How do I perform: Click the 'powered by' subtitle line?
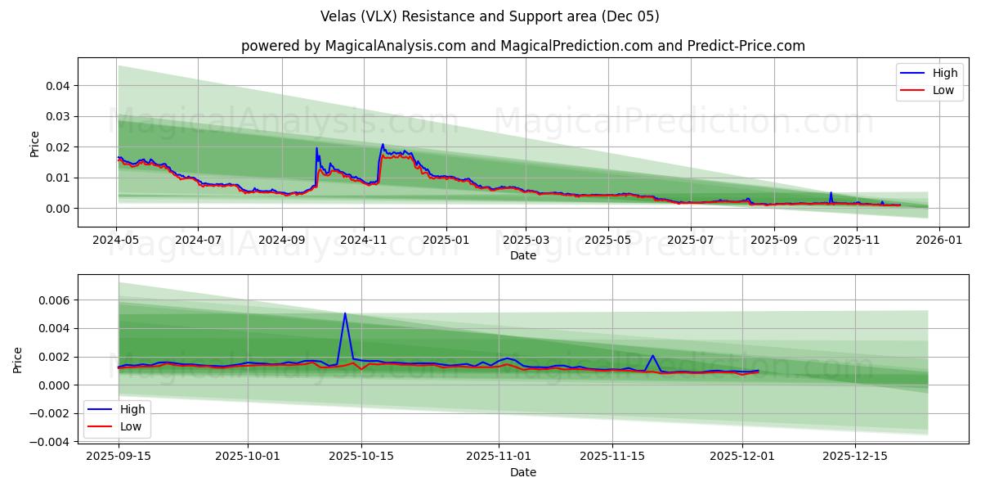pyautogui.click(x=523, y=46)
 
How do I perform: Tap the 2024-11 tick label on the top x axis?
pyautogui.click(x=364, y=241)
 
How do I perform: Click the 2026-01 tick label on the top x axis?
pyautogui.click(x=938, y=241)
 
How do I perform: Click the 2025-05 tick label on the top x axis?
pyautogui.click(x=607, y=241)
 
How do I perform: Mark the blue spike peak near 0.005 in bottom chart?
pyautogui.click(x=345, y=313)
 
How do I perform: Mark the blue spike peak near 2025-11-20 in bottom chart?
pyautogui.click(x=652, y=356)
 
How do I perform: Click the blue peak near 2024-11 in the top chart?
pyautogui.click(x=383, y=145)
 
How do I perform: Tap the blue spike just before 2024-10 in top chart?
pyautogui.click(x=316, y=148)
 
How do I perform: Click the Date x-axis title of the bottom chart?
pyautogui.click(x=523, y=472)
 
